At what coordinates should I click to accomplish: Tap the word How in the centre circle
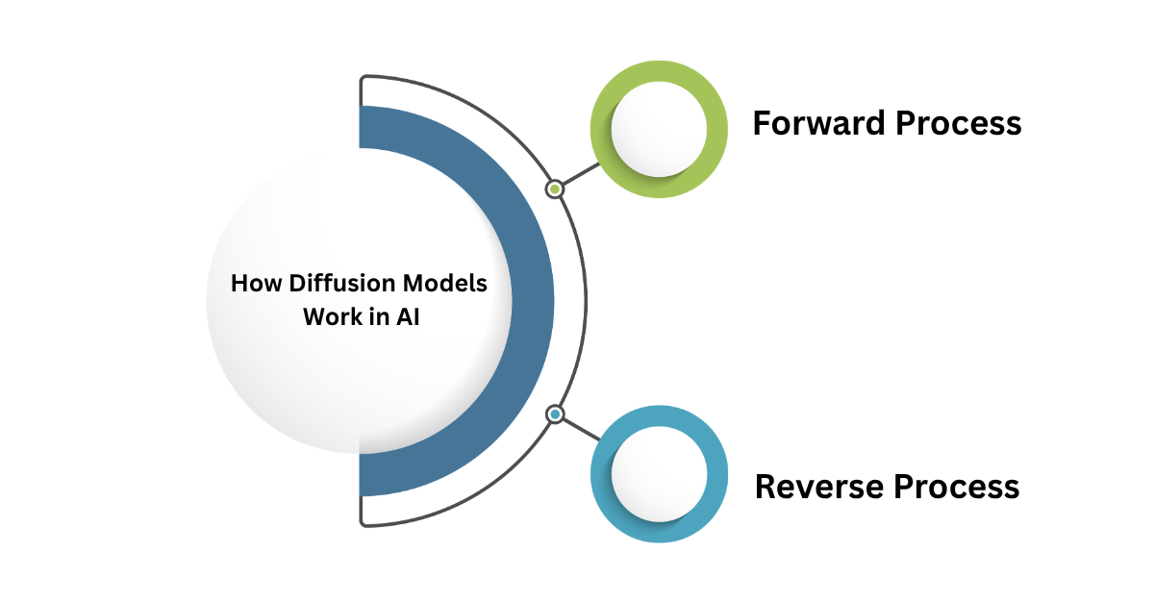tap(252, 285)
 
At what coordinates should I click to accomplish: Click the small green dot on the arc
tap(555, 189)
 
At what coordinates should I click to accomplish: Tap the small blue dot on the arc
tap(555, 415)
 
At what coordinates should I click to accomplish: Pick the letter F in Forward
tap(762, 124)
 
